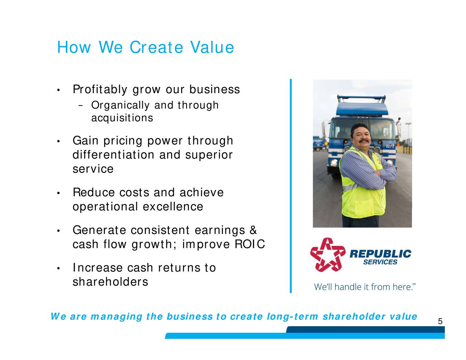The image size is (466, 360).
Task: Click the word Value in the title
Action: coord(212,48)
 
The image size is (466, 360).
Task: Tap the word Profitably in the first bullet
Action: coord(100,90)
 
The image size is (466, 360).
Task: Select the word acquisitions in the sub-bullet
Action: coord(122,118)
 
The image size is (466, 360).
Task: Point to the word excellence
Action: coord(173,207)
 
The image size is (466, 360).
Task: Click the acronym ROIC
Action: coord(250,244)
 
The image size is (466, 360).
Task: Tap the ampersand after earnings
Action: coord(253,230)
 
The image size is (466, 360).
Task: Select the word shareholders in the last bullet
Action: coord(110,282)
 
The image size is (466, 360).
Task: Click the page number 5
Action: coord(440,321)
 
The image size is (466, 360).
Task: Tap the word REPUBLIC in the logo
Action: coord(380,254)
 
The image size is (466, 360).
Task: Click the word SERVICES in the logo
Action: coord(380,262)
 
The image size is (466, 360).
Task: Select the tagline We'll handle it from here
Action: coord(364,287)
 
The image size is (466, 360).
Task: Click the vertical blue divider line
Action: coord(291,186)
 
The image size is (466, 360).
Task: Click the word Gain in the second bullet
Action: coord(86,141)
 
